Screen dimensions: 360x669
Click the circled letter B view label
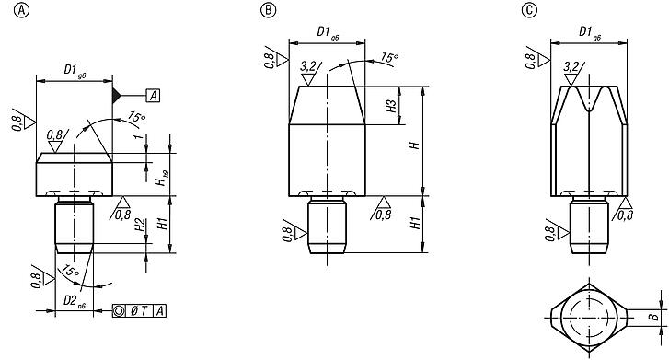tap(267, 11)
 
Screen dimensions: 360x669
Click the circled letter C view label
tap(528, 11)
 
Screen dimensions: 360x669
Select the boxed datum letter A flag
tap(153, 95)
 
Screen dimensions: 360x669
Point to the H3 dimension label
tap(391, 106)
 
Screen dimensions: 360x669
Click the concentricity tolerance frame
tap(140, 310)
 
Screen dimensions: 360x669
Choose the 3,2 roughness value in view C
tap(571, 67)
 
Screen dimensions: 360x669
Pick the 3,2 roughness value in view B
tap(309, 66)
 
